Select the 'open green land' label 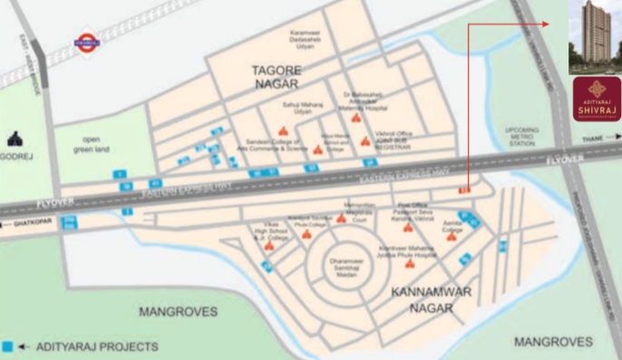click(x=91, y=143)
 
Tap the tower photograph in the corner click(x=593, y=36)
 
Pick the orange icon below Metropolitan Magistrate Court click(x=341, y=219)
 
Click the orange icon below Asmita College click(x=451, y=237)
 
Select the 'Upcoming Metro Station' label click(x=522, y=137)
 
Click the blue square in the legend click(x=7, y=346)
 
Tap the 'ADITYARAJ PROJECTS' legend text click(x=98, y=346)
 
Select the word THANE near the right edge click(x=592, y=139)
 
